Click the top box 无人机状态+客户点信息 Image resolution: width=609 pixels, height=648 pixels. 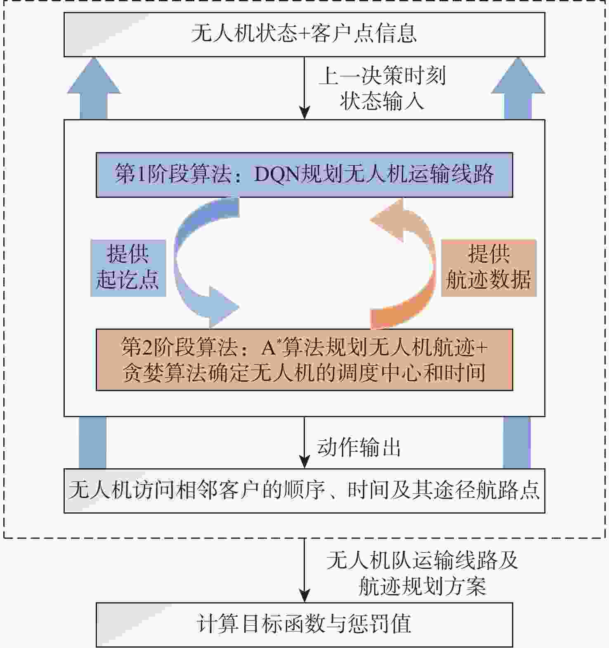pos(304,34)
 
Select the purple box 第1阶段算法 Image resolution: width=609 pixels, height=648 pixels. pos(304,174)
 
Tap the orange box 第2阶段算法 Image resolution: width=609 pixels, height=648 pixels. pos(304,359)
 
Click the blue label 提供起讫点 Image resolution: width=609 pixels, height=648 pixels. pos(128,268)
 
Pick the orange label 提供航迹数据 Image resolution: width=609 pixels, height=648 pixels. pos(489,268)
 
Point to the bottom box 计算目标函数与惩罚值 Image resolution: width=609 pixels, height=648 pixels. pos(304,625)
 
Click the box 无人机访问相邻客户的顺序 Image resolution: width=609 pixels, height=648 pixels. pos(304,491)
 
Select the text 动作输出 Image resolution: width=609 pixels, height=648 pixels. pos(359,447)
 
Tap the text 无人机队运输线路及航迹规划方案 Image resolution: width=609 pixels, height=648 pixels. pos(422,573)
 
